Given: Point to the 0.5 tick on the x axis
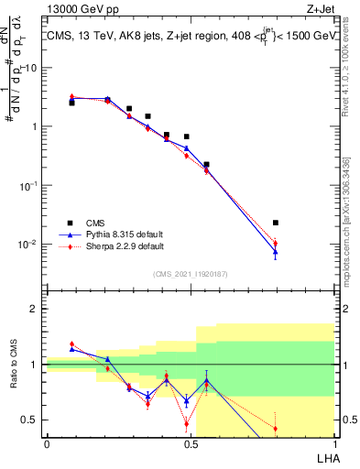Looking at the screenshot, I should tap(191, 444).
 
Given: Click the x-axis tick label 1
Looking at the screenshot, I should tap(333, 444).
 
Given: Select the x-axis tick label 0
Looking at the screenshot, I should tap(47, 444).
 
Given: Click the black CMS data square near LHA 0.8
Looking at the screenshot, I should tap(276, 223).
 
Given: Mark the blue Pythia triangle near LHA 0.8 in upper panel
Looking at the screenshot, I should tap(276, 252).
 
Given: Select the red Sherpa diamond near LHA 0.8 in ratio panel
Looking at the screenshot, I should tap(276, 428).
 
